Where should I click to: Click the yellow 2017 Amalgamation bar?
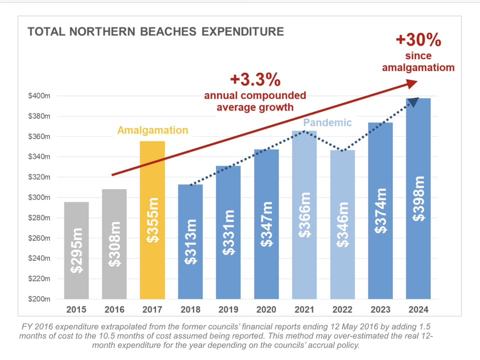152,220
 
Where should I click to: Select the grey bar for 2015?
76,250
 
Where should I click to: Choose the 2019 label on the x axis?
228,310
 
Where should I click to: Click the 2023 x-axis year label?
380,310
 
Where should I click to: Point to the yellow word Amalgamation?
152,130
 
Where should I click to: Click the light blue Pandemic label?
327,122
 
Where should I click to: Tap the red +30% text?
418,39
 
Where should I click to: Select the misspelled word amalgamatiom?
418,67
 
